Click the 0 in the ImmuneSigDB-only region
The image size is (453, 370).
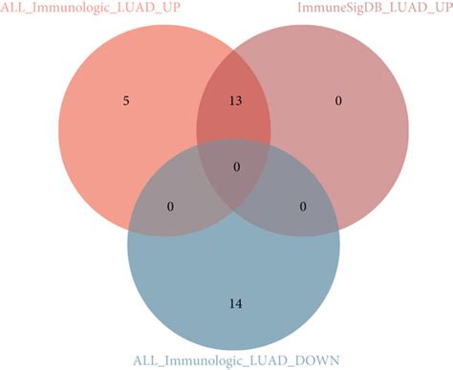click(x=337, y=99)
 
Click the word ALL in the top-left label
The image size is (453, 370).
click(x=12, y=9)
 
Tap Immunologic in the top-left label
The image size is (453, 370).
click(x=66, y=9)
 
